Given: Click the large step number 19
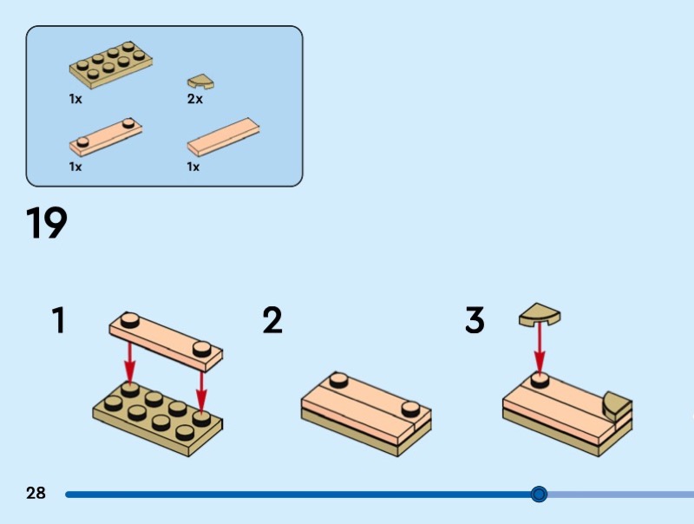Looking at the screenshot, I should coord(47,223).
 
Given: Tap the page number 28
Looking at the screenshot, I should coord(36,494).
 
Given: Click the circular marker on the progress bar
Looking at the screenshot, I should coord(539,495).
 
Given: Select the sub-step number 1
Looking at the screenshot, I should coord(58,321).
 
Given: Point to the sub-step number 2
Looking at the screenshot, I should coord(272,321).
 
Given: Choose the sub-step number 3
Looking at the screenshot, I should coord(475,321).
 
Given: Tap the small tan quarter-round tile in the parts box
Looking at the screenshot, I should coord(200,82).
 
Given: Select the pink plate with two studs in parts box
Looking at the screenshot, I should coord(106,134).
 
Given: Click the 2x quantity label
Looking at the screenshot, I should coord(195,99).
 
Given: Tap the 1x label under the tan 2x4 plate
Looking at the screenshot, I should coord(75,99).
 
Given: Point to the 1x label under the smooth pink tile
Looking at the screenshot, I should coord(193,167).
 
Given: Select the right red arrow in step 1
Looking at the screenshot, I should coord(201,385).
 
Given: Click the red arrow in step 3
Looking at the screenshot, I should coord(540,351).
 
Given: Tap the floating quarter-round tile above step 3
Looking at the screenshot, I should coord(540,315).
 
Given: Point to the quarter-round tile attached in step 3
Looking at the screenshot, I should coord(618,404).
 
